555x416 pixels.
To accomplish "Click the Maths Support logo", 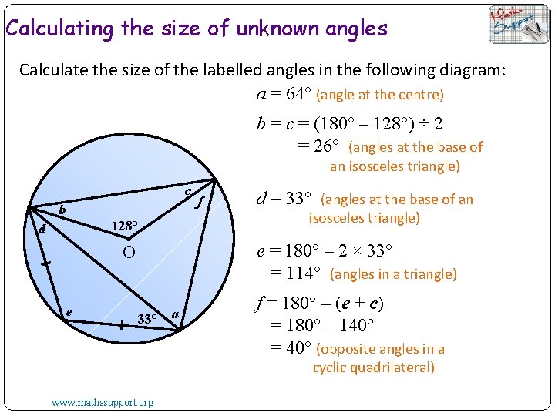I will click(519, 25).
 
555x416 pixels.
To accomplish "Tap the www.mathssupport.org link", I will click(103, 402).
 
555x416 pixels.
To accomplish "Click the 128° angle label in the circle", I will click(123, 226).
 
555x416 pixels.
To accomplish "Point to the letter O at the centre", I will click(129, 253).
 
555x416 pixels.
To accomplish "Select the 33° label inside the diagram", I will click(147, 318).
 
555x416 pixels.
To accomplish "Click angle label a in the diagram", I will click(176, 314).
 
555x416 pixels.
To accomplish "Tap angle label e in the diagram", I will click(70, 311).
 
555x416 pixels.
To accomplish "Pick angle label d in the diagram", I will click(43, 230).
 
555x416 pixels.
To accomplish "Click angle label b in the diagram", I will click(62, 210).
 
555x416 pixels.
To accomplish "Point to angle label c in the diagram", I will click(188, 191).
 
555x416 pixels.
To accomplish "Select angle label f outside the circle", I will click(200, 203).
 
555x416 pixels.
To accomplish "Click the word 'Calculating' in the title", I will click(59, 29).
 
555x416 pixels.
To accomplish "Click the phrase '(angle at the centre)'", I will click(380, 95).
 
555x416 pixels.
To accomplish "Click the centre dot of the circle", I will click(129, 240).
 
